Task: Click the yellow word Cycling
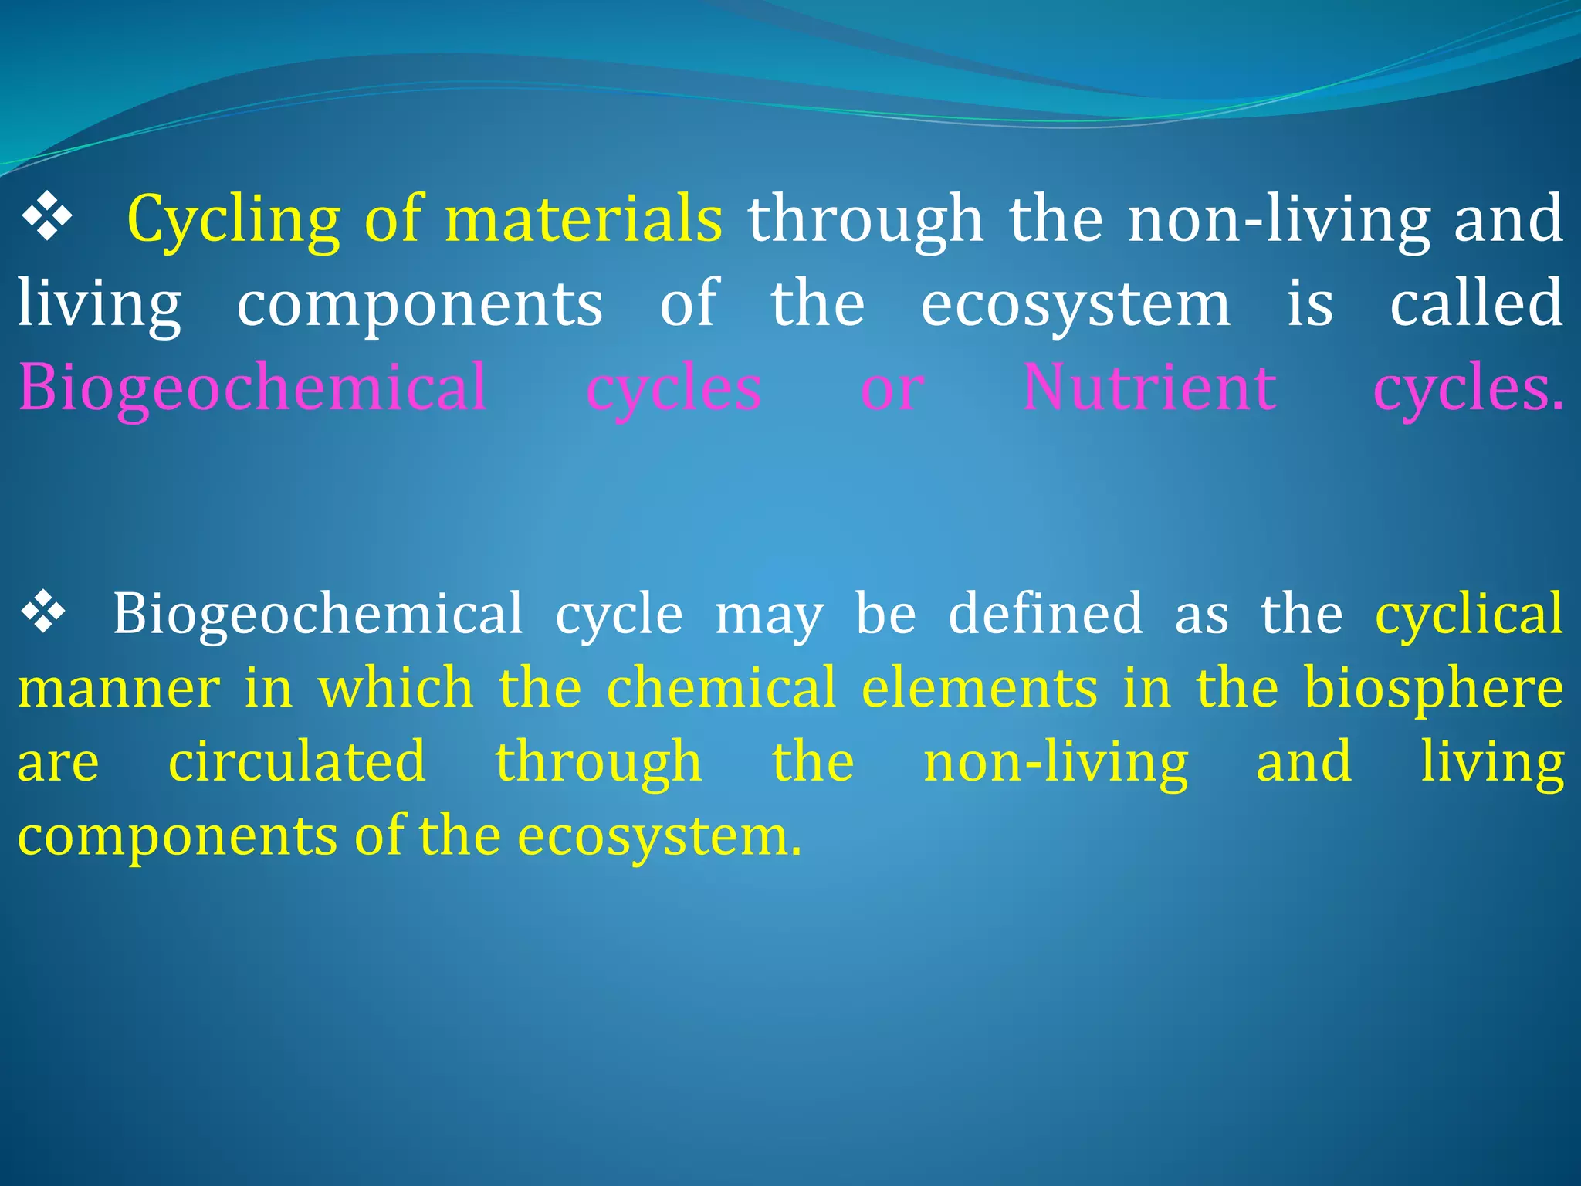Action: (233, 219)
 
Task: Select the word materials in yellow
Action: (584, 219)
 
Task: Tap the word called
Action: (1476, 303)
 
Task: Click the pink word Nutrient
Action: (1149, 388)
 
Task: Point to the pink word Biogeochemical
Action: (252, 388)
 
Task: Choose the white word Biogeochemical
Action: (318, 614)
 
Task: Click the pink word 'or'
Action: (892, 389)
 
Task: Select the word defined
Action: (1045, 614)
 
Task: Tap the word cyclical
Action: (1469, 614)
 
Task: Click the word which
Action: (395, 688)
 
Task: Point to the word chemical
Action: (721, 688)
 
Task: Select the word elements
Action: (979, 688)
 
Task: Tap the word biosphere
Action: (1434, 688)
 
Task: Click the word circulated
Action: (297, 762)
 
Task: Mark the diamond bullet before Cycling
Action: (48, 218)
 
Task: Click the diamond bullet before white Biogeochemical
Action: (43, 612)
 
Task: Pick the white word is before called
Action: (1309, 303)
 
